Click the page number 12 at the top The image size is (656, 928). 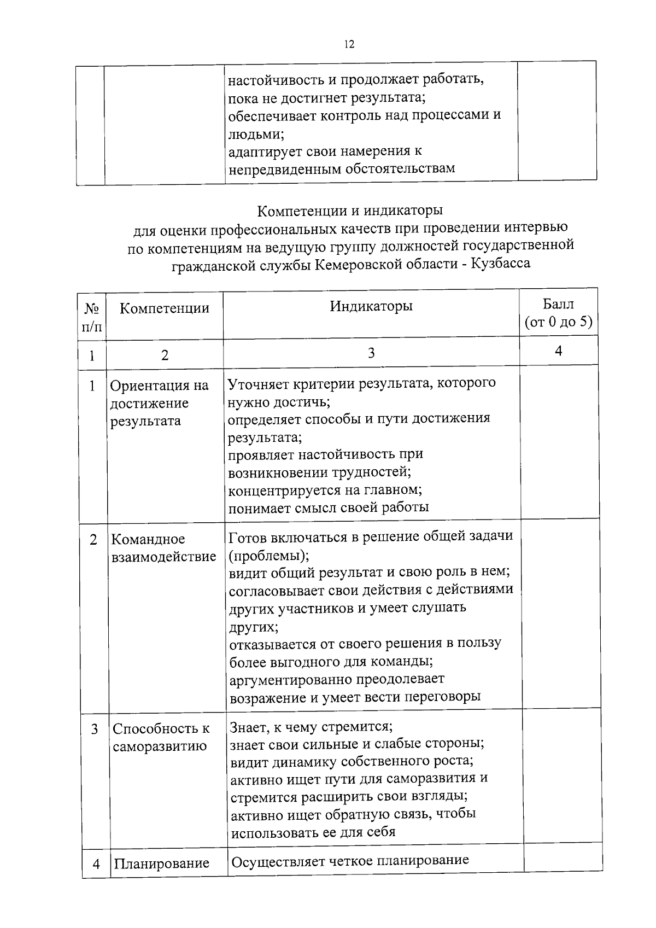pos(349,45)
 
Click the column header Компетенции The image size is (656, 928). pos(165,308)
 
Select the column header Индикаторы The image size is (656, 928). pos(371,306)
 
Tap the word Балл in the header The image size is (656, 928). pos(558,305)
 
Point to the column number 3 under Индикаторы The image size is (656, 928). pos(371,353)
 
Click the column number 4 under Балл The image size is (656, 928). pos(558,351)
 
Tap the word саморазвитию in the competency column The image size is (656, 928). pos(160,746)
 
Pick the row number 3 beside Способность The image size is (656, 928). pos(95,729)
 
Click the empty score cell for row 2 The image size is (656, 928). pos(560,612)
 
